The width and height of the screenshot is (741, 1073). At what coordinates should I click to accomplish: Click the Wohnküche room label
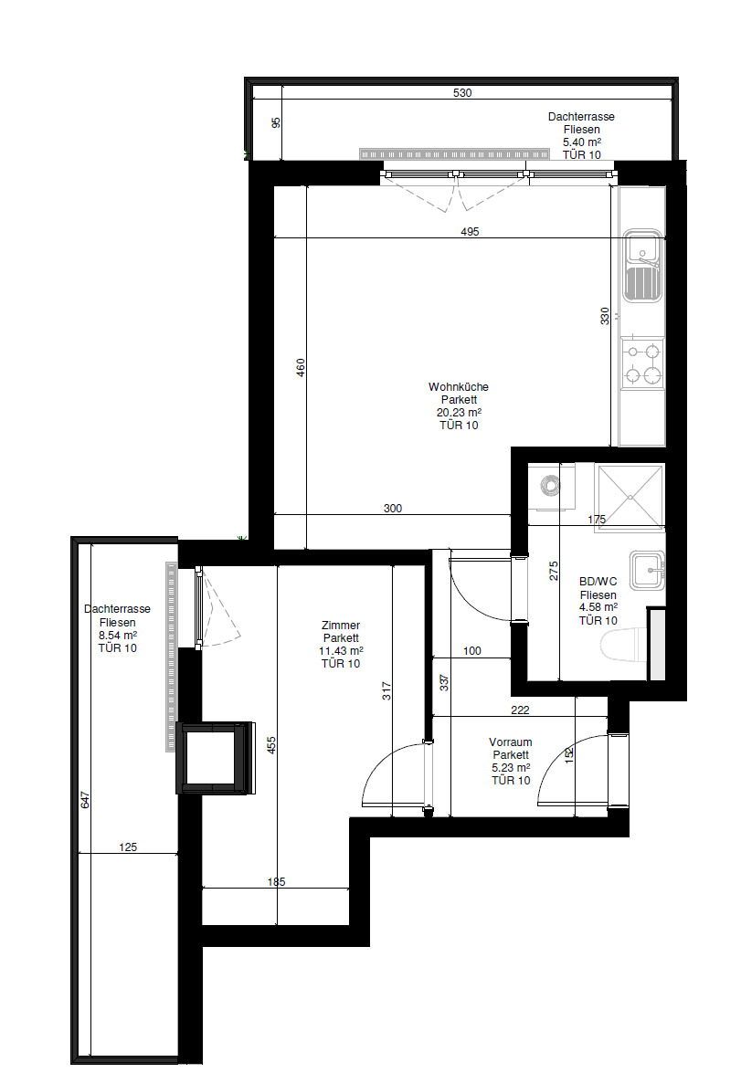tap(458, 386)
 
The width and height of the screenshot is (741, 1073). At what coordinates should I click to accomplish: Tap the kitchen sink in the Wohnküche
tap(642, 266)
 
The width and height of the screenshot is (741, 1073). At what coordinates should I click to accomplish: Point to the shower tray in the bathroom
tap(630, 497)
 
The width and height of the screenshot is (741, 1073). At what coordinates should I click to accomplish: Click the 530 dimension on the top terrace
tap(462, 93)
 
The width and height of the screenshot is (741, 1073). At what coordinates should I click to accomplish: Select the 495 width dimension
tap(470, 232)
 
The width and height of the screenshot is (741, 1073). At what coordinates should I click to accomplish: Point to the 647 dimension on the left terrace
tap(85, 799)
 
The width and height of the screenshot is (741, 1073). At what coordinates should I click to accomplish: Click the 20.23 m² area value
tap(459, 413)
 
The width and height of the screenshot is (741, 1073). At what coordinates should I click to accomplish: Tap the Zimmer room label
tap(341, 626)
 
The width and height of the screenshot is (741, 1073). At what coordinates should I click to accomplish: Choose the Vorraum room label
tap(510, 742)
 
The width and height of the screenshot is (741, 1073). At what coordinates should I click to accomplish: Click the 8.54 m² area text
tap(117, 635)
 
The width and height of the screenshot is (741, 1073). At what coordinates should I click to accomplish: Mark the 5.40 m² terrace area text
tap(581, 142)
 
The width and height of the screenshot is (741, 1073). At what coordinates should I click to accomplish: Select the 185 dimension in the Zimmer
tap(276, 882)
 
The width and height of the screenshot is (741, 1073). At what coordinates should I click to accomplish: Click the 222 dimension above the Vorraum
tap(520, 710)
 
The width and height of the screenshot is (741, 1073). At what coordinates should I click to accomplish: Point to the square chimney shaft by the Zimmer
tap(215, 758)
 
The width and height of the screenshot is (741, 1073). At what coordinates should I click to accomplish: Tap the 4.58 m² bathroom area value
tap(598, 607)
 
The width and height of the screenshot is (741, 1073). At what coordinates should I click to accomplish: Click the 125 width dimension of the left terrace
tap(128, 847)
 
